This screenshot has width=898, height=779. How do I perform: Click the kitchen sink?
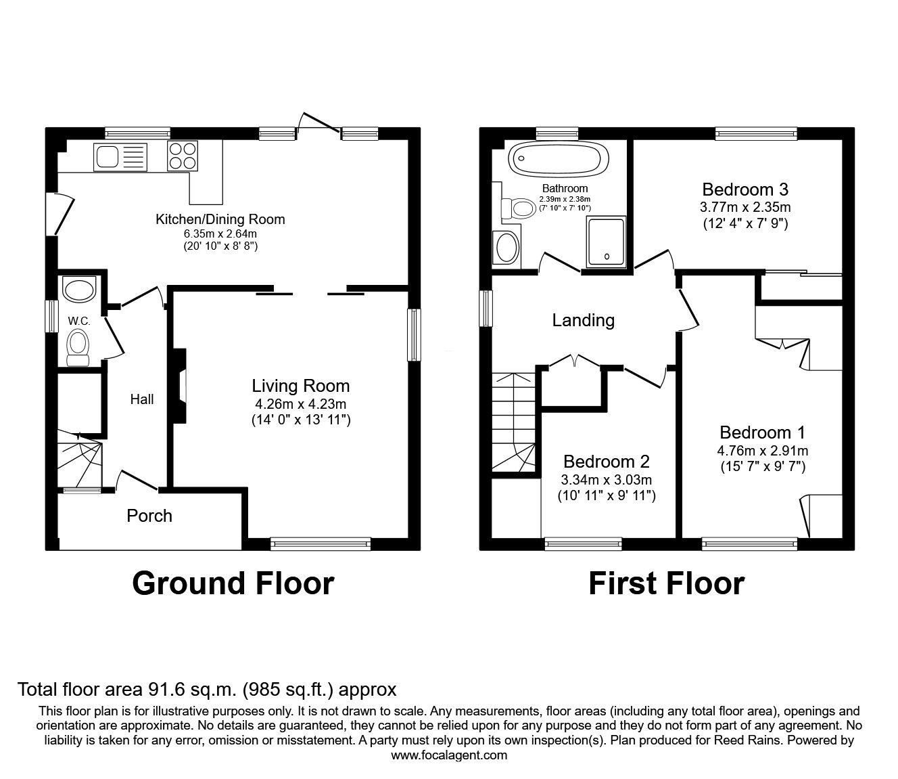[120, 156]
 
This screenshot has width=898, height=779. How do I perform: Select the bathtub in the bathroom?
[554, 160]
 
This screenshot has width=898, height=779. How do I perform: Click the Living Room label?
[301, 386]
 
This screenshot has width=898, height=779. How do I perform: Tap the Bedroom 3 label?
[745, 189]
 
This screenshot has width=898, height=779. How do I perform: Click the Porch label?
[149, 516]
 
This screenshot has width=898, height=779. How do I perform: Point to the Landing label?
[583, 320]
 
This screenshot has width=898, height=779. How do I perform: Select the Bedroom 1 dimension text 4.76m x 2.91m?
[763, 451]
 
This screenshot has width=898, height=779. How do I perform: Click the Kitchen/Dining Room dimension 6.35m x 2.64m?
[220, 233]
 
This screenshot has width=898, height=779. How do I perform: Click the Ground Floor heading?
[233, 583]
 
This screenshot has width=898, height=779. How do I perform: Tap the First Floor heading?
[666, 583]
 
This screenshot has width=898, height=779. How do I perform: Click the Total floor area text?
[206, 690]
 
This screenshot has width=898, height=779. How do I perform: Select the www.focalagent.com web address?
[449, 755]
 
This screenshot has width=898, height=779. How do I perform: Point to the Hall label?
[142, 399]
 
